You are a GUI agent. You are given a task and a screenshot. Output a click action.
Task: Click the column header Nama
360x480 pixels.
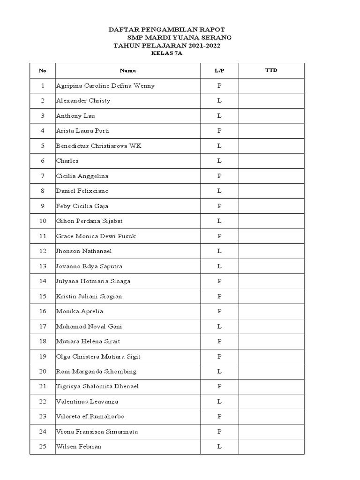point(128,71)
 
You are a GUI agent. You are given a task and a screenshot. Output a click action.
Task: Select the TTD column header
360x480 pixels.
point(271,71)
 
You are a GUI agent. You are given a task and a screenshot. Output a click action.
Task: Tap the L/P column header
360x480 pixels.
point(219,71)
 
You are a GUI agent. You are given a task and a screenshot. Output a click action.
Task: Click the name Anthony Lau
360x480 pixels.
point(75,116)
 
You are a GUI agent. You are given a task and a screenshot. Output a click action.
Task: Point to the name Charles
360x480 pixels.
point(67,161)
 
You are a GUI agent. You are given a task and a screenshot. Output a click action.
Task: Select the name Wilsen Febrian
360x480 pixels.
point(79,446)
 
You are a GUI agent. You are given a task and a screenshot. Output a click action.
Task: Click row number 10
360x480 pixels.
point(43,221)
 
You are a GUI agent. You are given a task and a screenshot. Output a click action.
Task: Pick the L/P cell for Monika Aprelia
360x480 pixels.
point(219,311)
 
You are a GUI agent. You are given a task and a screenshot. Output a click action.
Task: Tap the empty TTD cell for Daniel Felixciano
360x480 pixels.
point(271,191)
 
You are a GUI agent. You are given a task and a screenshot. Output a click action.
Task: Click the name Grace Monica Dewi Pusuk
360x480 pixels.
point(96,236)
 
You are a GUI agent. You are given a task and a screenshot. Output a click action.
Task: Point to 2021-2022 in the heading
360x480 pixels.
point(204,46)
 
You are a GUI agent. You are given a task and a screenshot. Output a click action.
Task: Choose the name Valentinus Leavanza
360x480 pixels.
point(87,401)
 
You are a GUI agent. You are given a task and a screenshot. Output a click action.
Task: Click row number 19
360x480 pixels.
point(43,356)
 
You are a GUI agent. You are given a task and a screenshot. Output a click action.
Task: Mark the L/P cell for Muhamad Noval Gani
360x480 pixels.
point(219,326)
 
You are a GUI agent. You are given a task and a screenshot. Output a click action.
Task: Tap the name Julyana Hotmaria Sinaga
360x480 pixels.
point(93,281)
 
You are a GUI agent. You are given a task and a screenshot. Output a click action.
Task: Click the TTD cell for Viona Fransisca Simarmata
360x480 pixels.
point(271,431)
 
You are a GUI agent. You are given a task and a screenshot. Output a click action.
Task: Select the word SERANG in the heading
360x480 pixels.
point(216,37)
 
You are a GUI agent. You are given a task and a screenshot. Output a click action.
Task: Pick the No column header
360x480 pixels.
point(43,71)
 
